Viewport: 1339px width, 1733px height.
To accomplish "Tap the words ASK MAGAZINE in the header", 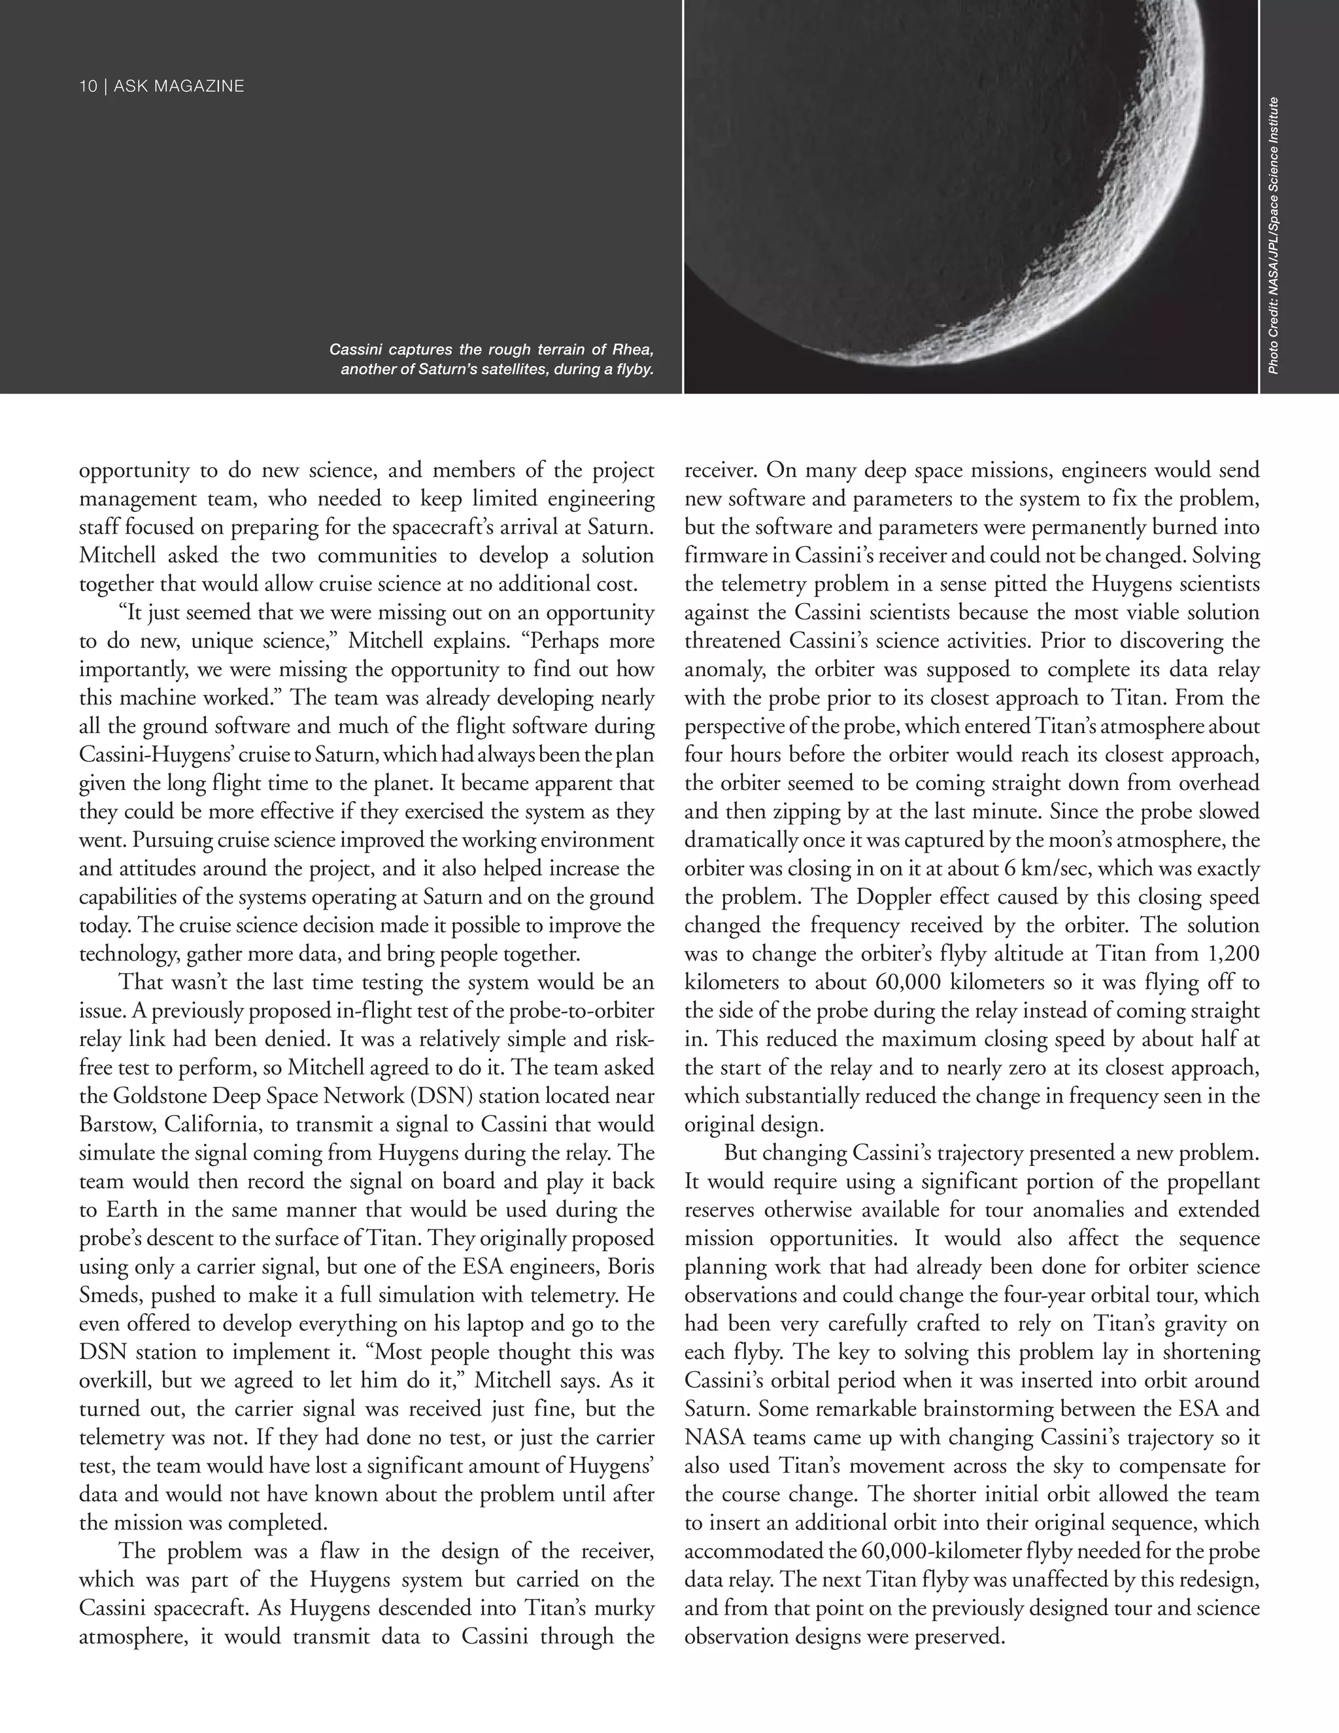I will [x=178, y=86].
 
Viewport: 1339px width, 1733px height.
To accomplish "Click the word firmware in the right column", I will [x=724, y=555].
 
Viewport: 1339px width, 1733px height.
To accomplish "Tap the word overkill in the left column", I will [x=113, y=1381].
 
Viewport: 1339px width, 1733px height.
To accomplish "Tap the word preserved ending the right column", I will [x=958, y=1636].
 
